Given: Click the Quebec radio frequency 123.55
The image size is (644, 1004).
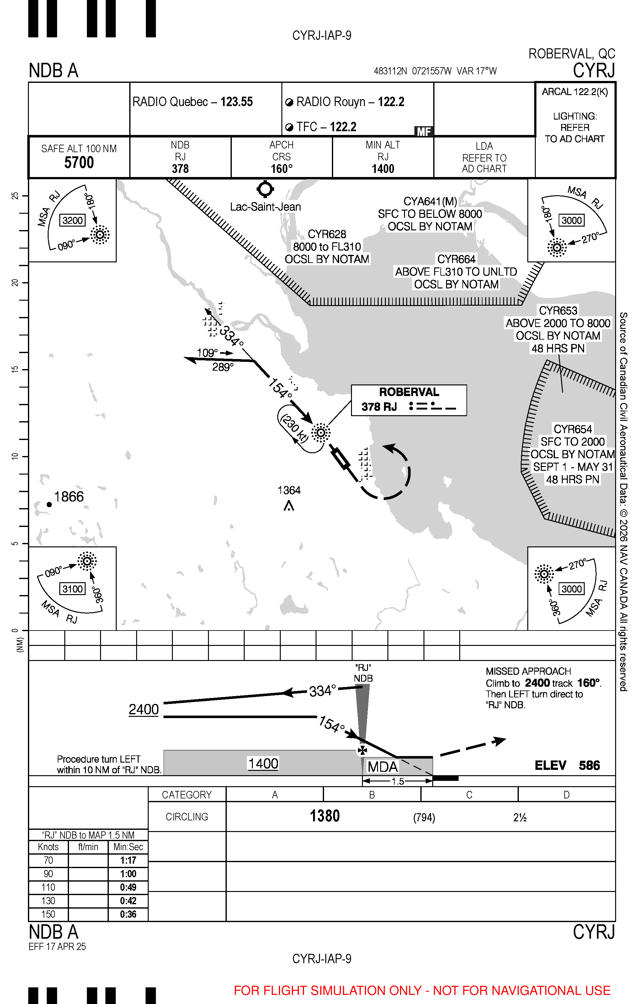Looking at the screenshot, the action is (237, 102).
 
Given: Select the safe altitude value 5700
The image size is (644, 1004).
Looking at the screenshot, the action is (79, 162).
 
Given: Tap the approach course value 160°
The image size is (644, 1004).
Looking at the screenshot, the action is (281, 169).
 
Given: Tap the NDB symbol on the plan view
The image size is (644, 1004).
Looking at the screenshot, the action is (321, 432).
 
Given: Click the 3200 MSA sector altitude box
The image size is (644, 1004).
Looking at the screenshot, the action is (73, 220).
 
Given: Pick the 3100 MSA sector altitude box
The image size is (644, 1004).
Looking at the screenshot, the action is (73, 589).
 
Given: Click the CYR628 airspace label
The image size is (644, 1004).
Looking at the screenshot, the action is (327, 234).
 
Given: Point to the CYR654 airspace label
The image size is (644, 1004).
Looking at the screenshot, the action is (573, 429).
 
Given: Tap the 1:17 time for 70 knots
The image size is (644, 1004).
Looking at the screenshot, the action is (128, 860).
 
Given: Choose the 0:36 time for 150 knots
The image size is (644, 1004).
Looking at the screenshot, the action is (128, 914).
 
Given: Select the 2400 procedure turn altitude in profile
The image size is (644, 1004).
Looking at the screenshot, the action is (144, 710).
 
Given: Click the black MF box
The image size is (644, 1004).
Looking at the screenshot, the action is (423, 132).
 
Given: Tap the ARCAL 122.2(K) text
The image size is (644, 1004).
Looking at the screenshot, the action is (575, 92).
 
